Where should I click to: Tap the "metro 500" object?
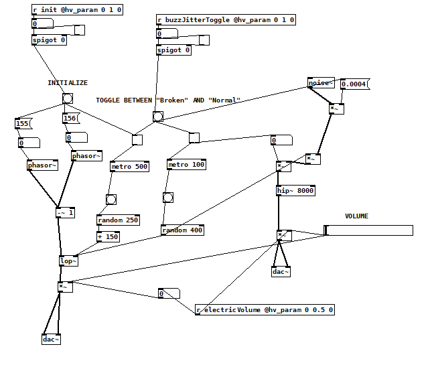129,166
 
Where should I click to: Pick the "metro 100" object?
187,165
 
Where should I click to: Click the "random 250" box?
118,220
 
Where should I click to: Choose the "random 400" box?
182,230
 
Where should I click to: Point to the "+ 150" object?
109,236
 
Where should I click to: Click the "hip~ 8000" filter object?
295,191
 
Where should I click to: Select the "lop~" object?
68,261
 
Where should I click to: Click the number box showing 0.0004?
354,84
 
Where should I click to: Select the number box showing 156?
70,119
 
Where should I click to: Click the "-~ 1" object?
66,213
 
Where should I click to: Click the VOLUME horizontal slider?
368,230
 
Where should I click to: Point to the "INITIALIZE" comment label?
67,83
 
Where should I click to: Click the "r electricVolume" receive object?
265,310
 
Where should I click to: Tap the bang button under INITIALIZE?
68,98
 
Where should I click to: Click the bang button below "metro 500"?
111,199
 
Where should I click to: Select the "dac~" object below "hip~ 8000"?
281,271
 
